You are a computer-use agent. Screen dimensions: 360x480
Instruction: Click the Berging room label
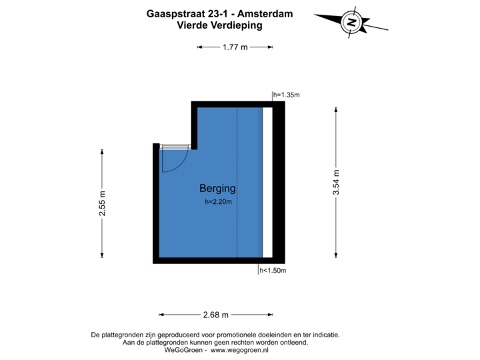tap(217, 189)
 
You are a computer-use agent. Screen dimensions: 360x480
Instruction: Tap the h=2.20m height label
tap(218, 201)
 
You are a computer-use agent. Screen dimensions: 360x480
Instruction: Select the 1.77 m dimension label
tap(234, 47)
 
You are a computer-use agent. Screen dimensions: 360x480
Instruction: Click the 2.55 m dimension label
tap(102, 203)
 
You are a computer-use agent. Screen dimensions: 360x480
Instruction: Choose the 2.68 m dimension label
tap(215, 315)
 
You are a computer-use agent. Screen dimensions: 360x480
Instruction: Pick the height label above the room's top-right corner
tap(286, 95)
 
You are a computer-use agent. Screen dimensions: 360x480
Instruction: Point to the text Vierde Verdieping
tap(219, 25)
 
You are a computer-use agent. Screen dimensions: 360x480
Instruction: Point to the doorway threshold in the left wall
tap(175, 145)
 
